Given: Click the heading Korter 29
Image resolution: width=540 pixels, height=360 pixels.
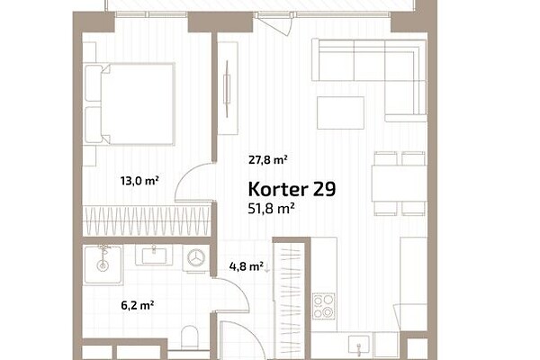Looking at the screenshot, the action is point(292,189).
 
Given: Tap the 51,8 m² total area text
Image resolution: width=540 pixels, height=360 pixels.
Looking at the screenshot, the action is point(271,209).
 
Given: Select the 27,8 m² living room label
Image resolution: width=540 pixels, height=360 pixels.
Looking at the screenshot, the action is point(268,160).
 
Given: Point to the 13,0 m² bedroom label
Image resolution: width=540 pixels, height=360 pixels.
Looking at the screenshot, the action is point(139,181).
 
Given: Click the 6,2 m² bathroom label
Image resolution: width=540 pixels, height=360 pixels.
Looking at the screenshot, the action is point(138,305).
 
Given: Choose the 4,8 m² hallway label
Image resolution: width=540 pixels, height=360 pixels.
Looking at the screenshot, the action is point(247,266).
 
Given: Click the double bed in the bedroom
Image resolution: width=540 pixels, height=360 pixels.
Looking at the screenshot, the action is point(130,103).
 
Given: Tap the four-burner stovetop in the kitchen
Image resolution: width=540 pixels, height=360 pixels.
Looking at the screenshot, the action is point(324,306).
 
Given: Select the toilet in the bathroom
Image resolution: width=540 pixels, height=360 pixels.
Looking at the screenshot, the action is point(190,337).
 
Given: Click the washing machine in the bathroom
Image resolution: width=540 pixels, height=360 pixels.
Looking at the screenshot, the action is point(196,258).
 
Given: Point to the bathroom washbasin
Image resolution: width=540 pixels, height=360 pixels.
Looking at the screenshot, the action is point(154,255).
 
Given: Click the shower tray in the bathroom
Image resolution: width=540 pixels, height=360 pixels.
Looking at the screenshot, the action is point(103,265).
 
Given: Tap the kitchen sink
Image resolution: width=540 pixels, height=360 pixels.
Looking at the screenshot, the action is point(358,346).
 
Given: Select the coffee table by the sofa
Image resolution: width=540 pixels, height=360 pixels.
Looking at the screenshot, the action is point(340,112).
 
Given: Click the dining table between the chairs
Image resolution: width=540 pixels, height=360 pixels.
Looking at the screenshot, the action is point(399,184).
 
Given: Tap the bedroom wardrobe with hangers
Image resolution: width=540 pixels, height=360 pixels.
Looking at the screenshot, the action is point(147,220).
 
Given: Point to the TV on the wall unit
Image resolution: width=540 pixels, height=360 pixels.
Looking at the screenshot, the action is point(227,88).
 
